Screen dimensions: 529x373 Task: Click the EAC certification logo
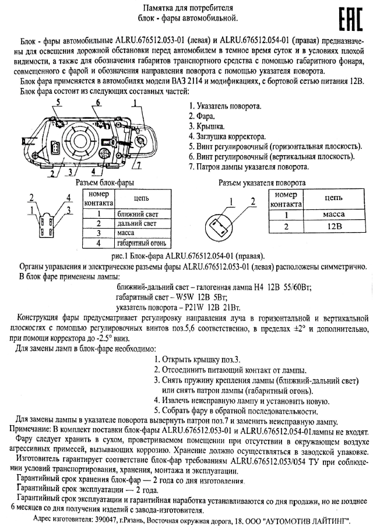coord(347,19)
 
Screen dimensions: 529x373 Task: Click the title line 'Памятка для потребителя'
coord(186,8)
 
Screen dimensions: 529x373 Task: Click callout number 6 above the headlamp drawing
coord(98,103)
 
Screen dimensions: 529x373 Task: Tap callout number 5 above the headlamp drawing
coord(59,103)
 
